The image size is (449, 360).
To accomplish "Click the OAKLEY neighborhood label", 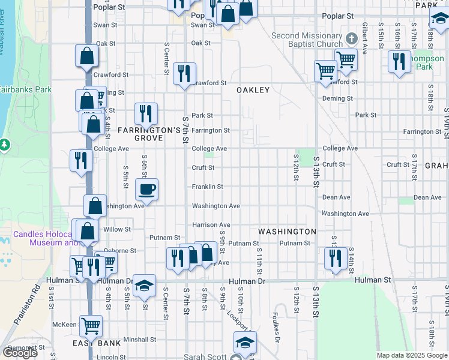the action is pos(253,90).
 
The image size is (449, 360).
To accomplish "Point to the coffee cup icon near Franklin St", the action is pos(146,190).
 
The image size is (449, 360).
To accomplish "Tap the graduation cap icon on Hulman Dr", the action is pos(145,286).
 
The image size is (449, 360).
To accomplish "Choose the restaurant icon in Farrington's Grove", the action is pos(146,113).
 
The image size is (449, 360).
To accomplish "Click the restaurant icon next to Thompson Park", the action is pos(399,61).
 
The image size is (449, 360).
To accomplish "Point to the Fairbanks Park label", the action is pos(26,90).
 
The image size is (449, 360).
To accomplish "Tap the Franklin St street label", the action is pos(208,187).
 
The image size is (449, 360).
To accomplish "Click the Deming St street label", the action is pos(337,98).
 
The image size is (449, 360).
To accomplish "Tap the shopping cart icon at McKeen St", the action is pos(91,326).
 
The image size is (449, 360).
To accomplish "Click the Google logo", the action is pos(20,353).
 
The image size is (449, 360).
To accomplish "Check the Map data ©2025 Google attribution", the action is pos(411,356).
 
